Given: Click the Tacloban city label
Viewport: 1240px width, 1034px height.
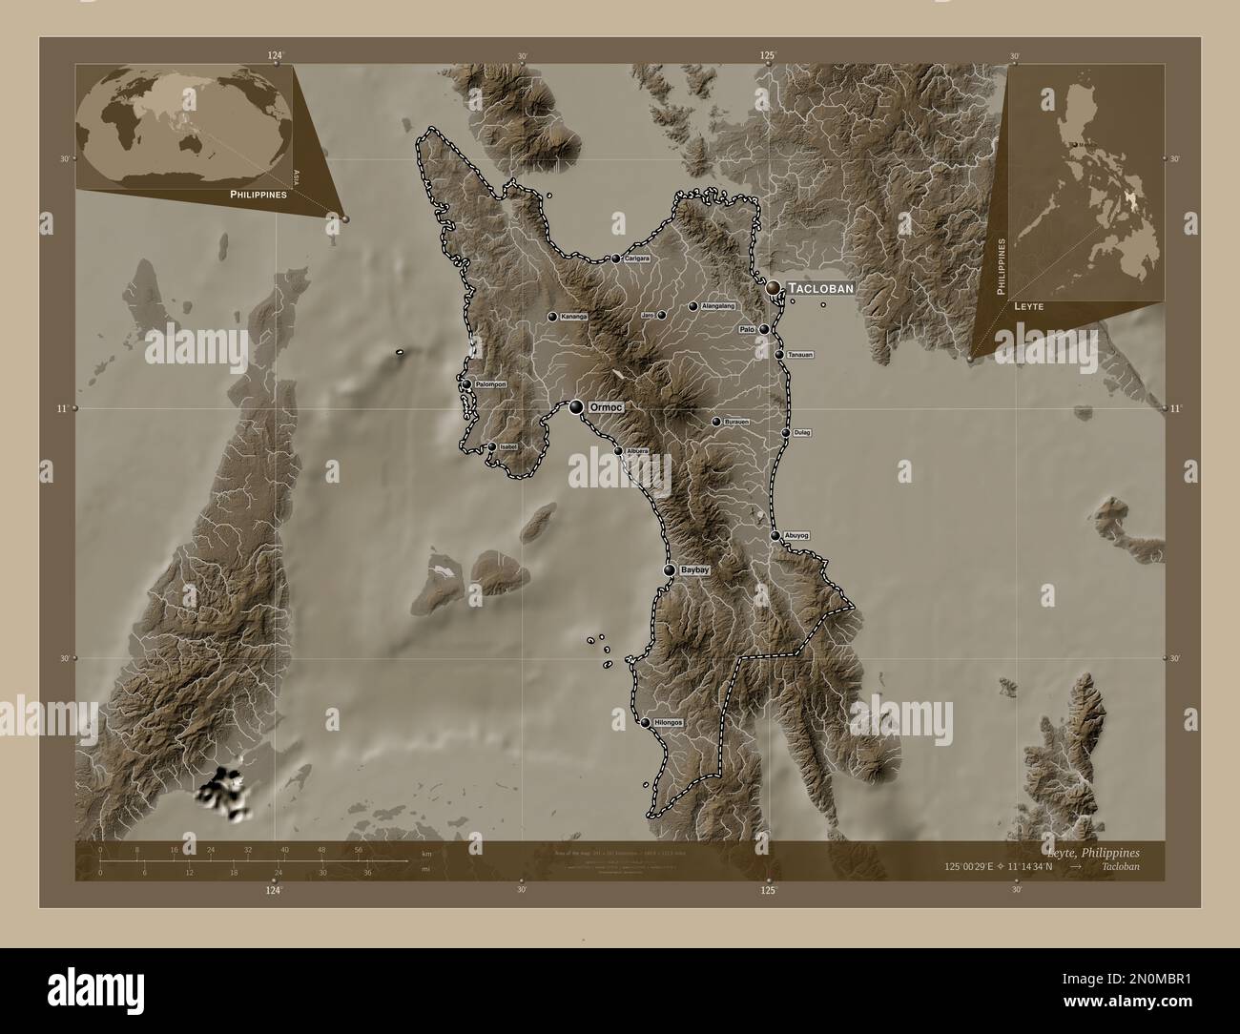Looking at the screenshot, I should pos(819,287).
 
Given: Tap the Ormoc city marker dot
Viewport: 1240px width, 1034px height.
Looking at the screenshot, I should pos(576,407).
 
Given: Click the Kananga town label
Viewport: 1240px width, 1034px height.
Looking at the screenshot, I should pos(574,316).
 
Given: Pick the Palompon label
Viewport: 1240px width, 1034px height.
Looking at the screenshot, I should pos(489,384).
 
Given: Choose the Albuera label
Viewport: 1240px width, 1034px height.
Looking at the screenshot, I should pos(636,451).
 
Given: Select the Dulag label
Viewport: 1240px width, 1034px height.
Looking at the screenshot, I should pos(802,433).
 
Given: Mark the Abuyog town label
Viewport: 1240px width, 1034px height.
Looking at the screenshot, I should pos(796,536).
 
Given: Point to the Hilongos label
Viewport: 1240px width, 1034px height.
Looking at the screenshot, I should pos(669,723).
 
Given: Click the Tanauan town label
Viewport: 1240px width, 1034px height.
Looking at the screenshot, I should pos(800,355).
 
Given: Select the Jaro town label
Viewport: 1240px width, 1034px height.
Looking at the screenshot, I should pos(647,315).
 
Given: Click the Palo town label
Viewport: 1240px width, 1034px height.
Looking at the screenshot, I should pos(748,329).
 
